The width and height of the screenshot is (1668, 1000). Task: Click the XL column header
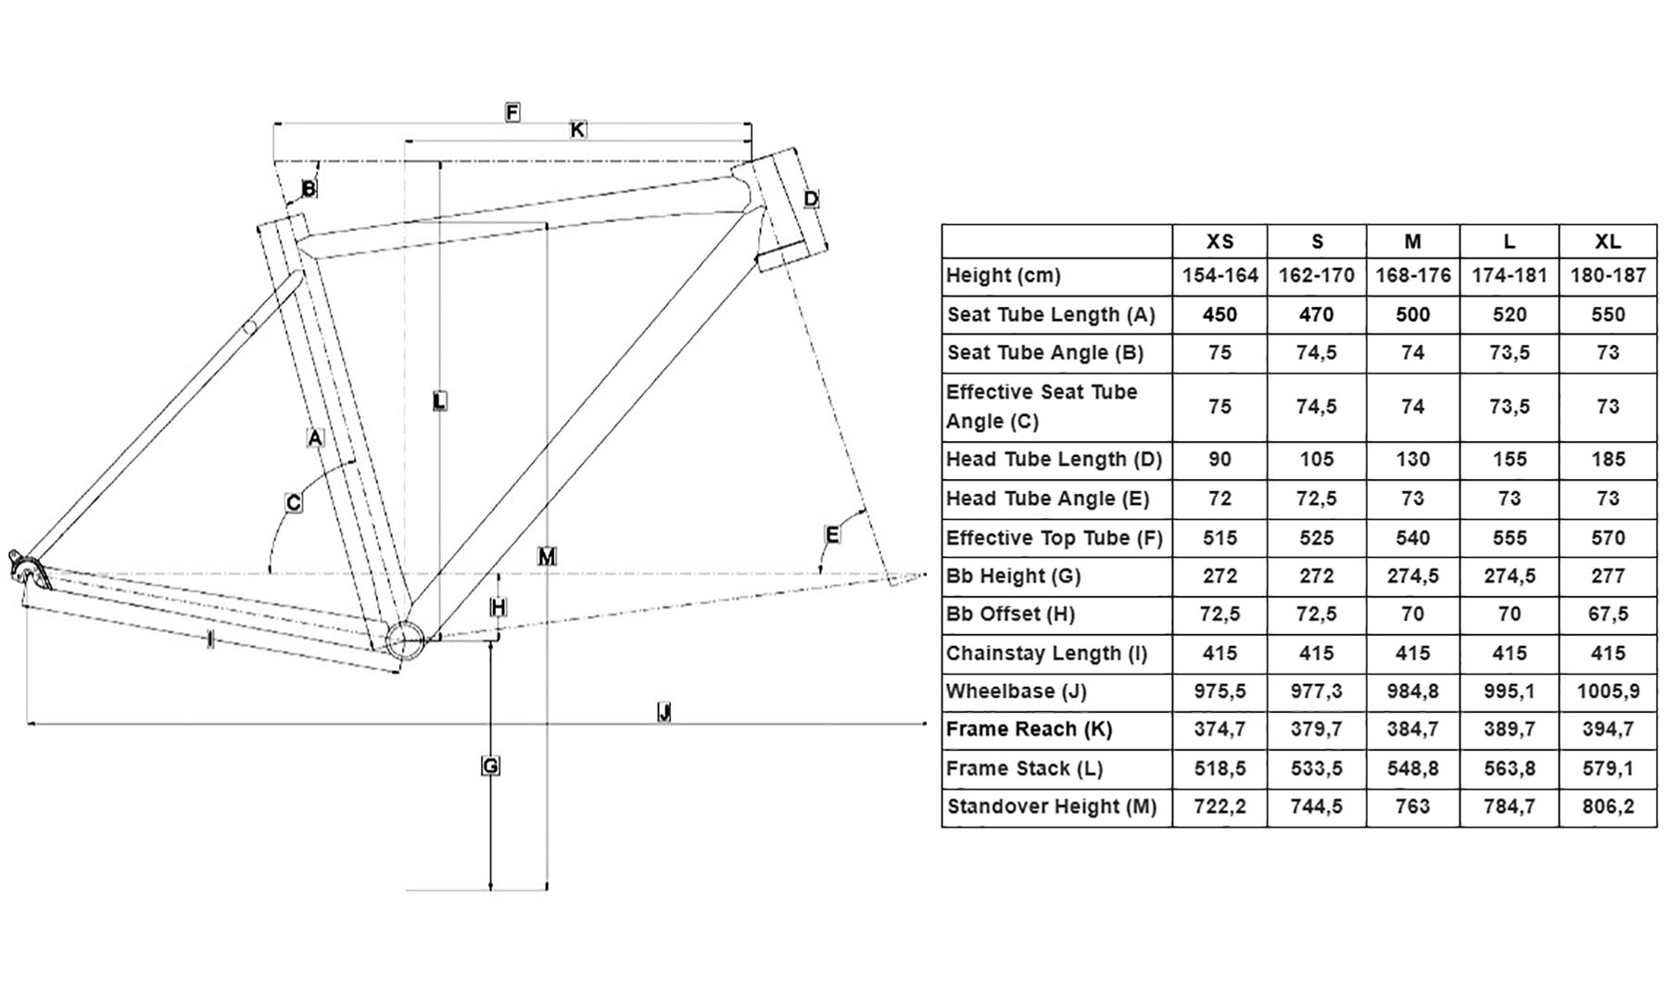pyautogui.click(x=1608, y=242)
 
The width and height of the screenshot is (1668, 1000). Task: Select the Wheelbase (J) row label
pyautogui.click(x=1016, y=691)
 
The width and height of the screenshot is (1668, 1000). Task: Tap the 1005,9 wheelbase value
pyautogui.click(x=1608, y=691)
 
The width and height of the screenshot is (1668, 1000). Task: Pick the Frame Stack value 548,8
pyautogui.click(x=1412, y=768)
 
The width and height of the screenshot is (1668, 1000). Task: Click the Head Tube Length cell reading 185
pyautogui.click(x=1608, y=460)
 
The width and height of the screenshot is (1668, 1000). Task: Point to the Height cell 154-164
pyautogui.click(x=1219, y=275)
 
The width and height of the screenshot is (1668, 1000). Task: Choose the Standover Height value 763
pyautogui.click(x=1412, y=806)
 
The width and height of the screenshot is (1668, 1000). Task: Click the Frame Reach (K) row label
pyautogui.click(x=1029, y=729)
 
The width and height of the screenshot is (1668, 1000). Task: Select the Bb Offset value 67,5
pyautogui.click(x=1608, y=614)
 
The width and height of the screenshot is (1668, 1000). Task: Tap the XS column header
pyautogui.click(x=1219, y=242)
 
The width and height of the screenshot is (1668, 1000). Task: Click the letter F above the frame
pyautogui.click(x=512, y=112)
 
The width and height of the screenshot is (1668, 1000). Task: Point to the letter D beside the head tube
pyautogui.click(x=811, y=198)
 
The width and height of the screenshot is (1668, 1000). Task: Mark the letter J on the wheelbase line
pyautogui.click(x=663, y=712)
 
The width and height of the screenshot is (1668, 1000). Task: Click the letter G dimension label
pyautogui.click(x=490, y=766)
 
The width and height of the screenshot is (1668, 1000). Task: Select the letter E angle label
pyautogui.click(x=832, y=535)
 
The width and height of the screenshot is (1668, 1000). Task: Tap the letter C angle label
pyautogui.click(x=293, y=502)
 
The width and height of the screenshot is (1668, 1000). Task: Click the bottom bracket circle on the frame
pyautogui.click(x=405, y=640)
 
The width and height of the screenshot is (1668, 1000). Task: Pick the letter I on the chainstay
pyautogui.click(x=210, y=639)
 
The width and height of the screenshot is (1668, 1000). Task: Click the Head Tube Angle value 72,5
pyautogui.click(x=1316, y=499)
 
